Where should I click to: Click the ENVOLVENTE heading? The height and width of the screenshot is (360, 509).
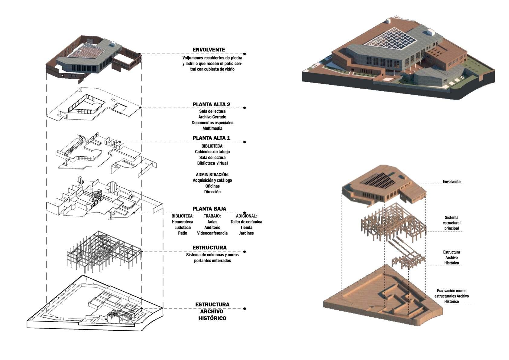pyautogui.click(x=209, y=50)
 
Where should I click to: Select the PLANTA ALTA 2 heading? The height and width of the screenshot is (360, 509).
pyautogui.click(x=211, y=104)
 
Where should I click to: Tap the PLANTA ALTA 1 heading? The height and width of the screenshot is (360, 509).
pyautogui.click(x=211, y=138)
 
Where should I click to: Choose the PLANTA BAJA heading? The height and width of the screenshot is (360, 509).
pyautogui.click(x=209, y=209)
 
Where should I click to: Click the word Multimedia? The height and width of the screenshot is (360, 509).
pyautogui.click(x=212, y=128)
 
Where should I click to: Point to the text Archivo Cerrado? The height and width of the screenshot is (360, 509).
pyautogui.click(x=212, y=117)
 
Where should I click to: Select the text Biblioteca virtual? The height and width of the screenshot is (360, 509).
pyautogui.click(x=212, y=163)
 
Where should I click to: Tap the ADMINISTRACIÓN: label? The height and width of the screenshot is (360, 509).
pyautogui.click(x=212, y=175)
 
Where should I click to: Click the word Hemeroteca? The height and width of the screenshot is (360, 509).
pyautogui.click(x=183, y=222)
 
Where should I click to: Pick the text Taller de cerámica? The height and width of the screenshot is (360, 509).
pyautogui.click(x=246, y=222)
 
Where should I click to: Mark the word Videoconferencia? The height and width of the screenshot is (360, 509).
pyautogui.click(x=212, y=233)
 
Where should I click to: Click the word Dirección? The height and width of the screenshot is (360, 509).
pyautogui.click(x=212, y=192)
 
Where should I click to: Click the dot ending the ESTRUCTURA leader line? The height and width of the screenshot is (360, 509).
pyautogui.click(x=244, y=252)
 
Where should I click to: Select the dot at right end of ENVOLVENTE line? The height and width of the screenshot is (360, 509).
pyautogui.click(x=244, y=54)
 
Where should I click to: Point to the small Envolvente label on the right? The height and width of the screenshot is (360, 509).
pyautogui.click(x=452, y=182)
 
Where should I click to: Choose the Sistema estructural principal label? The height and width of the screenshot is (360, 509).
pyautogui.click(x=452, y=223)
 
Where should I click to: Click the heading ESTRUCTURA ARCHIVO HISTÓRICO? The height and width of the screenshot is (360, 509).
pyautogui.click(x=212, y=311)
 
